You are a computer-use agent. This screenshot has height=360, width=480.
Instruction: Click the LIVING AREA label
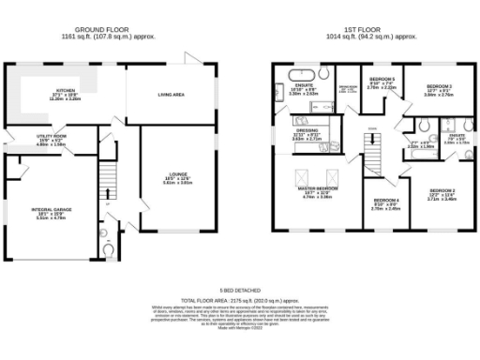tap(170, 95)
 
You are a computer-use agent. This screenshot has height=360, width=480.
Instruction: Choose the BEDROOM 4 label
tap(385, 200)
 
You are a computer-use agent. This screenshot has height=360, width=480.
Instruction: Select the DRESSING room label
tap(303, 131)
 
